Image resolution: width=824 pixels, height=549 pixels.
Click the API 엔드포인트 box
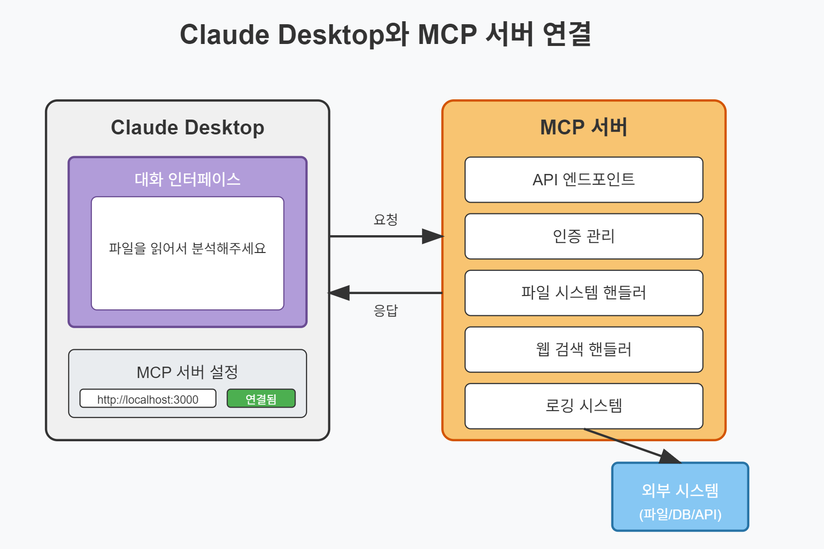(x=584, y=180)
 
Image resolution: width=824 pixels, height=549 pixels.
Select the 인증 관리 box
(x=584, y=236)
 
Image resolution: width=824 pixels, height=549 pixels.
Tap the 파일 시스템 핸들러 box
(x=584, y=293)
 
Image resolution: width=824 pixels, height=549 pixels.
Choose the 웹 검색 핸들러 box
(x=584, y=349)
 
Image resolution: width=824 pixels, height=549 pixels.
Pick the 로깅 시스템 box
(x=584, y=406)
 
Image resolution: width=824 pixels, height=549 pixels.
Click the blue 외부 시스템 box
(x=680, y=497)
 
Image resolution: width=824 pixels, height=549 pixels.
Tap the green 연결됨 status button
(x=261, y=399)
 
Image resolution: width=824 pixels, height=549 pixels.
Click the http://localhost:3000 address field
(x=148, y=399)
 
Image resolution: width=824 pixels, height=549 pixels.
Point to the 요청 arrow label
(x=386, y=219)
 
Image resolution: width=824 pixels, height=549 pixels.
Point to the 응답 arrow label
(x=386, y=310)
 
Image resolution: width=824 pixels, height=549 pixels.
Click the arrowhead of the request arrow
(x=433, y=237)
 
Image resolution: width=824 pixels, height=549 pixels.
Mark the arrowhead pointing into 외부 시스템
(x=669, y=457)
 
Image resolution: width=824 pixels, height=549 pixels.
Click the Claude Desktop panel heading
(x=187, y=127)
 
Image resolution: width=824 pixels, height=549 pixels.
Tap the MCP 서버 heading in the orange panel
(x=584, y=127)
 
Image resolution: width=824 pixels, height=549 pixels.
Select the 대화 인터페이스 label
(x=187, y=179)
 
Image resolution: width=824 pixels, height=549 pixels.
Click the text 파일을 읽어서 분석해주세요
(x=187, y=248)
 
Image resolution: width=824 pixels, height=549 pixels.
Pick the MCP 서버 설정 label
(x=187, y=372)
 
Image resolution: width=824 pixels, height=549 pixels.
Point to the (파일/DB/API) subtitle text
(x=680, y=514)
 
